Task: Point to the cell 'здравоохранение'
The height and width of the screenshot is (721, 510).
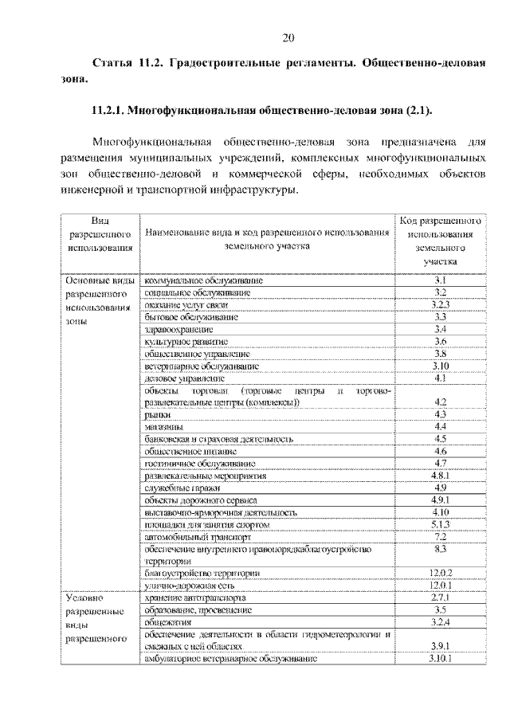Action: pos(178,328)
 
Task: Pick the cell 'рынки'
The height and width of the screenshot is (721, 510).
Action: pos(155,414)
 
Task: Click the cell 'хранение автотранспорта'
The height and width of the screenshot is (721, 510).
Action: pos(195,597)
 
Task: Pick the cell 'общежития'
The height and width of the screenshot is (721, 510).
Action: pos(165,621)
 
